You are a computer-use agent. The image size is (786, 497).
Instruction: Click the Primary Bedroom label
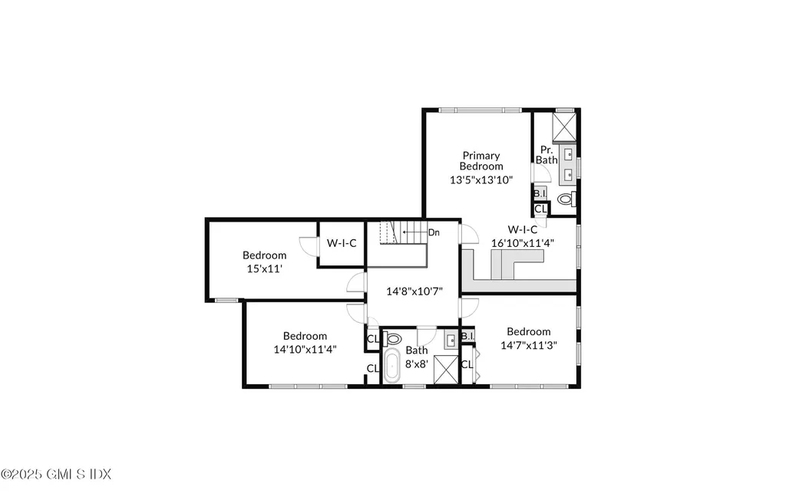481,161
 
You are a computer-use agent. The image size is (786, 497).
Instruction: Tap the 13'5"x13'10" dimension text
481,179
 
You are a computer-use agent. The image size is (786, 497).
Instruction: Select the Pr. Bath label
547,155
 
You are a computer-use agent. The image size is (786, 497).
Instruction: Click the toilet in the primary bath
566,199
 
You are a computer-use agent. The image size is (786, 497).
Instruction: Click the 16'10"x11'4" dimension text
523,242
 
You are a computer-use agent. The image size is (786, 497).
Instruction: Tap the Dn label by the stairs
434,232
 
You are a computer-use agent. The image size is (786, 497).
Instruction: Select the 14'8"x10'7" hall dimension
414,291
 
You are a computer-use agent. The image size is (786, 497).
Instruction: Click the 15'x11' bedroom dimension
265,269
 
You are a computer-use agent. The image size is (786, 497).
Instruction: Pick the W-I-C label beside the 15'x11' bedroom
342,243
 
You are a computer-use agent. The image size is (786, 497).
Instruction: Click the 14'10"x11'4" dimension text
305,349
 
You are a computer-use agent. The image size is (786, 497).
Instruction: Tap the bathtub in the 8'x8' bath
391,367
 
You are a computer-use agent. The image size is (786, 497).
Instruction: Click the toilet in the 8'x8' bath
394,338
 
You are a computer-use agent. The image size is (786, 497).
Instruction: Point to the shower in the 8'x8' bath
445,370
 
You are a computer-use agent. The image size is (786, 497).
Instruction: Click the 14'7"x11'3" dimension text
528,345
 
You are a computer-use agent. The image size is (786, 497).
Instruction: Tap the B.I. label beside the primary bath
540,194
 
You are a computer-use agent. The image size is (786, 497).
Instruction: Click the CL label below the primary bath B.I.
540,209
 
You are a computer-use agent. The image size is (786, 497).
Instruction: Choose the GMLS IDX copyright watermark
56,474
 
